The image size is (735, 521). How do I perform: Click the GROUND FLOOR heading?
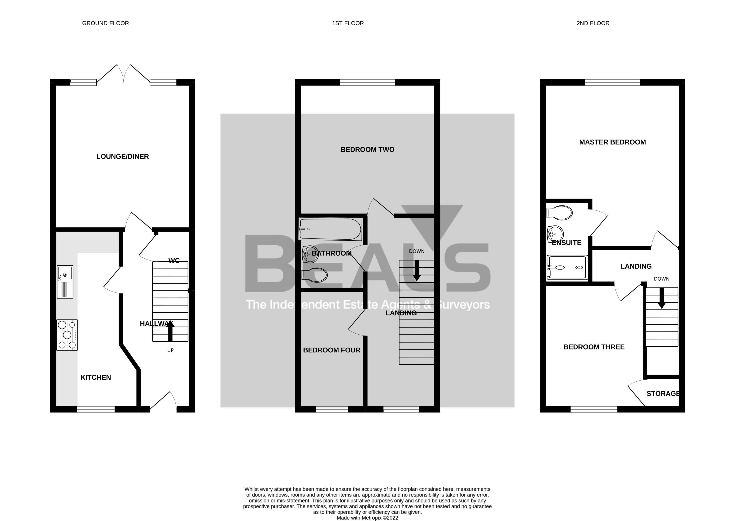[105, 23]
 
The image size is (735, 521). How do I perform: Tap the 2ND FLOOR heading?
[593, 23]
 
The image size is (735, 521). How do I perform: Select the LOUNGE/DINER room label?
[122, 157]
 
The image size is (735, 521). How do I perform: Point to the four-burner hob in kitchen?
[67, 335]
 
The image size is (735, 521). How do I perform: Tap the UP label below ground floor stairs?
[170, 350]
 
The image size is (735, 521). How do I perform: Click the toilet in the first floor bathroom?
[315, 275]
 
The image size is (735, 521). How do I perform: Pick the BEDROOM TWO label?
[367, 150]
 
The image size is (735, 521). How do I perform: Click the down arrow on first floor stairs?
[416, 271]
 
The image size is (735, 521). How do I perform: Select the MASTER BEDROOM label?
[612, 142]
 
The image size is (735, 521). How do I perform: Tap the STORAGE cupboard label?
[663, 394]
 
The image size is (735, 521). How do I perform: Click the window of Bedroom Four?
[332, 409]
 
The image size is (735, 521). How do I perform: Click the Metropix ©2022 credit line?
[367, 518]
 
